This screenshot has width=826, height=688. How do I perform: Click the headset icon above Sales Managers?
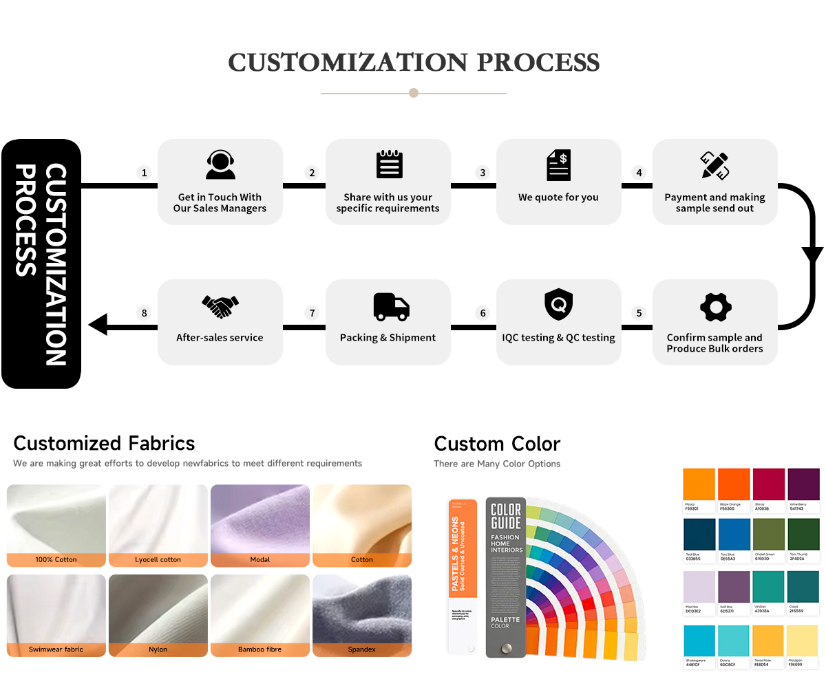click(220, 165)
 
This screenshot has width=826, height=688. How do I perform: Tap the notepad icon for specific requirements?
click(389, 165)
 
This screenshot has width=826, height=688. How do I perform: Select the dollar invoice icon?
click(558, 166)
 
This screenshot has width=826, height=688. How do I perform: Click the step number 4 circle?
click(639, 173)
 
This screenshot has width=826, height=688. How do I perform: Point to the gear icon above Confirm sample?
click(715, 308)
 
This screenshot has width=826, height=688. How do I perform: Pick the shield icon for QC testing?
click(558, 305)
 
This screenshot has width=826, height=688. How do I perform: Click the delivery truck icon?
click(391, 307)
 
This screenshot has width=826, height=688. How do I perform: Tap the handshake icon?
click(220, 306)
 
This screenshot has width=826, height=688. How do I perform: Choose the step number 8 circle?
click(145, 313)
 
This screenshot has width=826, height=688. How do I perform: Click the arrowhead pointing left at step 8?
click(98, 324)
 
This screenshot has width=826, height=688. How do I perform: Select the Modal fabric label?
click(260, 560)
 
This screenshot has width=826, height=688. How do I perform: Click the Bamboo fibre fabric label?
click(260, 649)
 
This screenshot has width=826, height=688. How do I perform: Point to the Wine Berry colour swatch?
click(803, 484)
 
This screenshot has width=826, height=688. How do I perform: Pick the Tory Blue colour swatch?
click(734, 535)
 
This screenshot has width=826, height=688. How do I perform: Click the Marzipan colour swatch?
click(803, 641)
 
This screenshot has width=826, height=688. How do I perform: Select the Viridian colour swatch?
click(769, 588)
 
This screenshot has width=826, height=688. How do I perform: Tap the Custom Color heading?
click(497, 444)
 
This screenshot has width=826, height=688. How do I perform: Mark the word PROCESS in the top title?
click(538, 63)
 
